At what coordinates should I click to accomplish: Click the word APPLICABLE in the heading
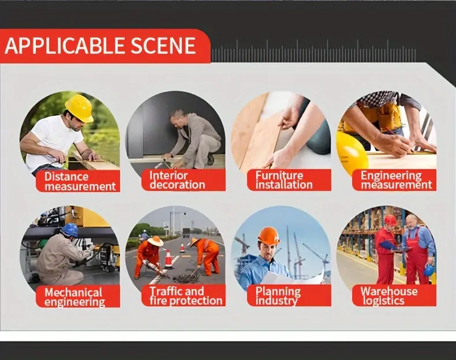[x=64, y=46]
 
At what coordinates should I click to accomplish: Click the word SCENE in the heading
[x=163, y=46]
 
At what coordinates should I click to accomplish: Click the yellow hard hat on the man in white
[x=79, y=107]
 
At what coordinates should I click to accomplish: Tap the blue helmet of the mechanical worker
[x=70, y=230]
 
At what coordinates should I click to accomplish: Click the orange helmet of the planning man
[x=268, y=235]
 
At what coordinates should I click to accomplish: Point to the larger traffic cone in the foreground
[x=169, y=259]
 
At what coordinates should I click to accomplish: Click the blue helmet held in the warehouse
[x=428, y=270]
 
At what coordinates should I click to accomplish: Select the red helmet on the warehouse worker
[x=390, y=220]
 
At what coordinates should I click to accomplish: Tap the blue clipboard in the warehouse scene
[x=388, y=246]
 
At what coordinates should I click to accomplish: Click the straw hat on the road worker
[x=155, y=241]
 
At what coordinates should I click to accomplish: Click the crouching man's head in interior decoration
[x=178, y=117]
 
